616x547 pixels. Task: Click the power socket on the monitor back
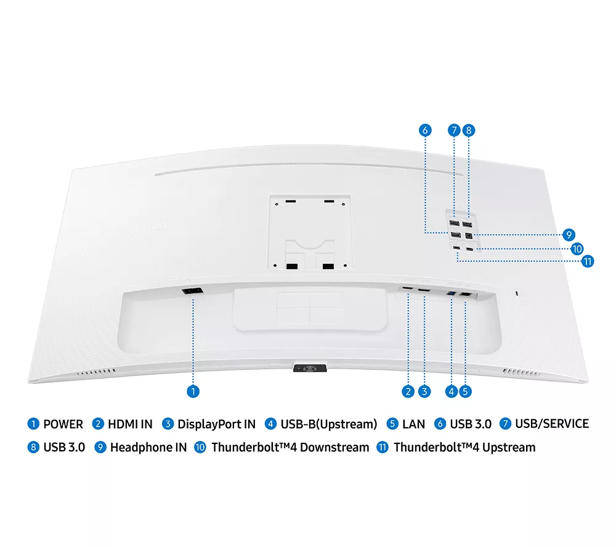(x=192, y=291)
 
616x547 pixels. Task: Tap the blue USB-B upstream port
(x=452, y=294)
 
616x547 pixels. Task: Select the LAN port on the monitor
(x=466, y=294)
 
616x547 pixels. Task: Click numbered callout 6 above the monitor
(x=425, y=130)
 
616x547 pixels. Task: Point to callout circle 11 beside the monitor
(x=587, y=261)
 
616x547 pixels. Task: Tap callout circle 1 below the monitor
(x=193, y=391)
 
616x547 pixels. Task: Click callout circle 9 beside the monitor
(x=569, y=235)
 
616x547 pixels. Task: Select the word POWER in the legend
(x=63, y=424)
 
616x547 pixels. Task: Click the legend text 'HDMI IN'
(x=130, y=424)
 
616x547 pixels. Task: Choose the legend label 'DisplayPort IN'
(x=216, y=424)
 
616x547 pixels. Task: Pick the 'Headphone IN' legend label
(x=148, y=448)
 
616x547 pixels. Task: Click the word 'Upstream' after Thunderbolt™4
(x=509, y=448)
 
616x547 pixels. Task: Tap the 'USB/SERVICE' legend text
(x=552, y=424)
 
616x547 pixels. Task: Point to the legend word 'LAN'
(x=414, y=424)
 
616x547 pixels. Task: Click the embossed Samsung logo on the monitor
(x=149, y=228)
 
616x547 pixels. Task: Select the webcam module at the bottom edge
(x=310, y=368)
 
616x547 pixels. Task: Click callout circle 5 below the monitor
(x=465, y=391)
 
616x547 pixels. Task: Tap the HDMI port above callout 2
(x=407, y=289)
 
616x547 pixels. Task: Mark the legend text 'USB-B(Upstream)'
(x=329, y=424)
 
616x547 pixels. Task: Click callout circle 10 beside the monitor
(x=577, y=249)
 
